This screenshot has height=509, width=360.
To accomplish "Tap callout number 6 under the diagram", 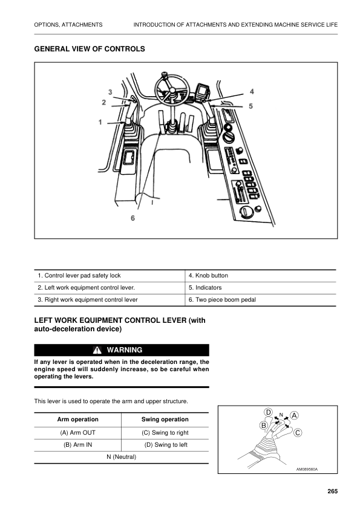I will [133, 218].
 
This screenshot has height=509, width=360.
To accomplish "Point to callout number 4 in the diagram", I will [252, 91].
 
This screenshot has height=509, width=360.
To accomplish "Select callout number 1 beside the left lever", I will [100, 122].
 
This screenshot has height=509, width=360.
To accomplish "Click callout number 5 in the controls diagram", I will [250, 105].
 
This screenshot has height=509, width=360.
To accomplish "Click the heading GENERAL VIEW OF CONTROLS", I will [90, 48].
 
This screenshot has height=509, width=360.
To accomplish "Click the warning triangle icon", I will [97, 350].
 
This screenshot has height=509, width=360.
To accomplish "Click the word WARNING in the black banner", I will [125, 350].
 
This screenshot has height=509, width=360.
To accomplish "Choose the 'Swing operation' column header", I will [165, 419].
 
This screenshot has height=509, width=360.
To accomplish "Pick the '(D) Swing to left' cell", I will [165, 444].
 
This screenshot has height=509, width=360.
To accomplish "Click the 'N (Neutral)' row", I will [121, 456].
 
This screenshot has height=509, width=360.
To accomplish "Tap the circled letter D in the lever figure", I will [269, 412].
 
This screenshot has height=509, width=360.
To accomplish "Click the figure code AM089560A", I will [307, 469].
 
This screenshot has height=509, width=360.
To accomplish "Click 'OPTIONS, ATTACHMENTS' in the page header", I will [68, 24].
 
